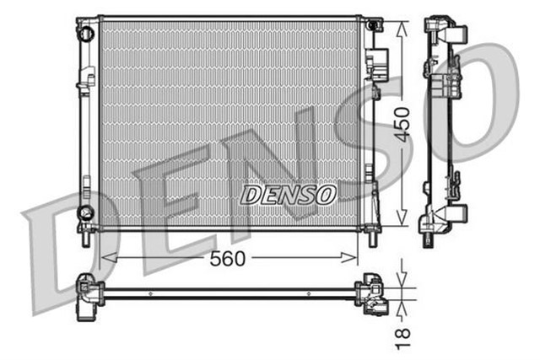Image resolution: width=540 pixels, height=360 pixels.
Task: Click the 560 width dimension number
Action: click(x=228, y=259)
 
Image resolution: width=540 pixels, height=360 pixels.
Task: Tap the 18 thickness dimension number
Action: click(x=404, y=335)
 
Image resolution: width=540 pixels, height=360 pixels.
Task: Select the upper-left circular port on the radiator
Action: click(x=84, y=33)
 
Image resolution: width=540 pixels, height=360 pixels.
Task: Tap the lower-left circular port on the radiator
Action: click(x=84, y=211)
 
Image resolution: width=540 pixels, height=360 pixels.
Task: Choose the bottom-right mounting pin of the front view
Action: click(x=371, y=238)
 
